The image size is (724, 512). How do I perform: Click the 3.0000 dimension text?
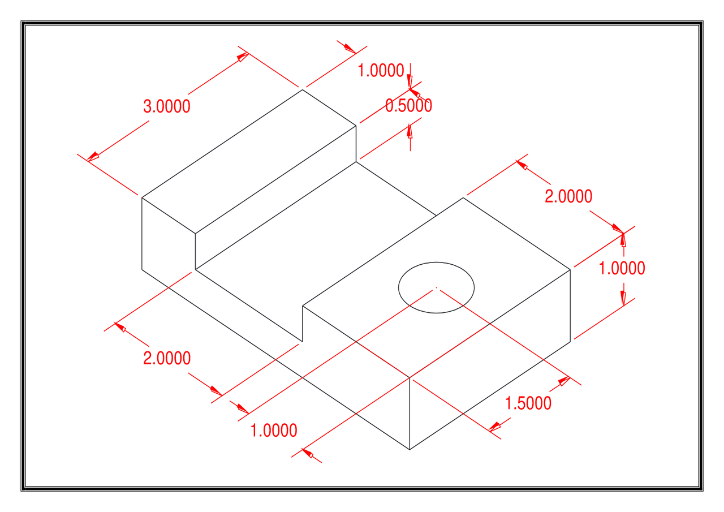[167, 106]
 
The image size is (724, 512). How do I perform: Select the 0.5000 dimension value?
[408, 106]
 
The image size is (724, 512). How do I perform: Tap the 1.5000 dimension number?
[528, 403]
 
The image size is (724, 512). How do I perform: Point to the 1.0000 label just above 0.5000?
[381, 71]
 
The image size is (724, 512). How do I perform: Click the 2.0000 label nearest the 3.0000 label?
[167, 358]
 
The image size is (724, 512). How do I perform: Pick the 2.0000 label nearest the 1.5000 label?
[568, 196]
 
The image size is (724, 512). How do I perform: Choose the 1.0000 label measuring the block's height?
[622, 268]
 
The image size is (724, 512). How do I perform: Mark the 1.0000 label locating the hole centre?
[274, 431]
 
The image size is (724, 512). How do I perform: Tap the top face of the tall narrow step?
[249, 161]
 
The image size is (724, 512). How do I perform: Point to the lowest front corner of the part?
[410, 450]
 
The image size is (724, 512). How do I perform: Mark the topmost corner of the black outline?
[302, 89]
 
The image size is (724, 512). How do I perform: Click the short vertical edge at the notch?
[303, 324]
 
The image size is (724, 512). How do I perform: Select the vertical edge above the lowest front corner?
[410, 413]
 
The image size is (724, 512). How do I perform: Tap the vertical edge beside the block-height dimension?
[570, 306]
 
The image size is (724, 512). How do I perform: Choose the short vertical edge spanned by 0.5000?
[356, 144]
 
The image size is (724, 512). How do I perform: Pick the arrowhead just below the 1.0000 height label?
[623, 298]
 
